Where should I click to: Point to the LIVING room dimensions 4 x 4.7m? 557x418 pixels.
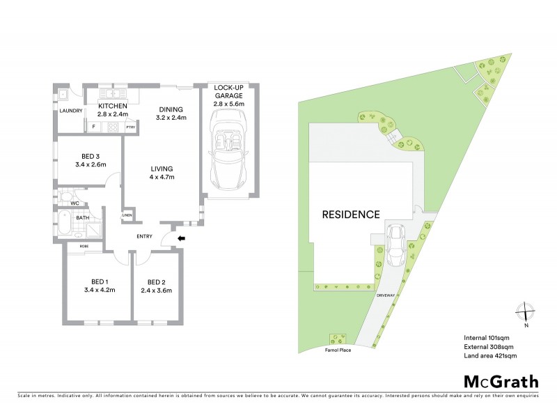162,177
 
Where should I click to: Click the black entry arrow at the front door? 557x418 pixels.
182,238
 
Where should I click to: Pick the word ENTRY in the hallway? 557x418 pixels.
145,236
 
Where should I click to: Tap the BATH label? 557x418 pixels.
83,217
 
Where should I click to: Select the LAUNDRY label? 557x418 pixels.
71,111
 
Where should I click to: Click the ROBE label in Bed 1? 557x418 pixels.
84,247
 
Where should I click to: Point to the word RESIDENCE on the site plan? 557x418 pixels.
350,215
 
